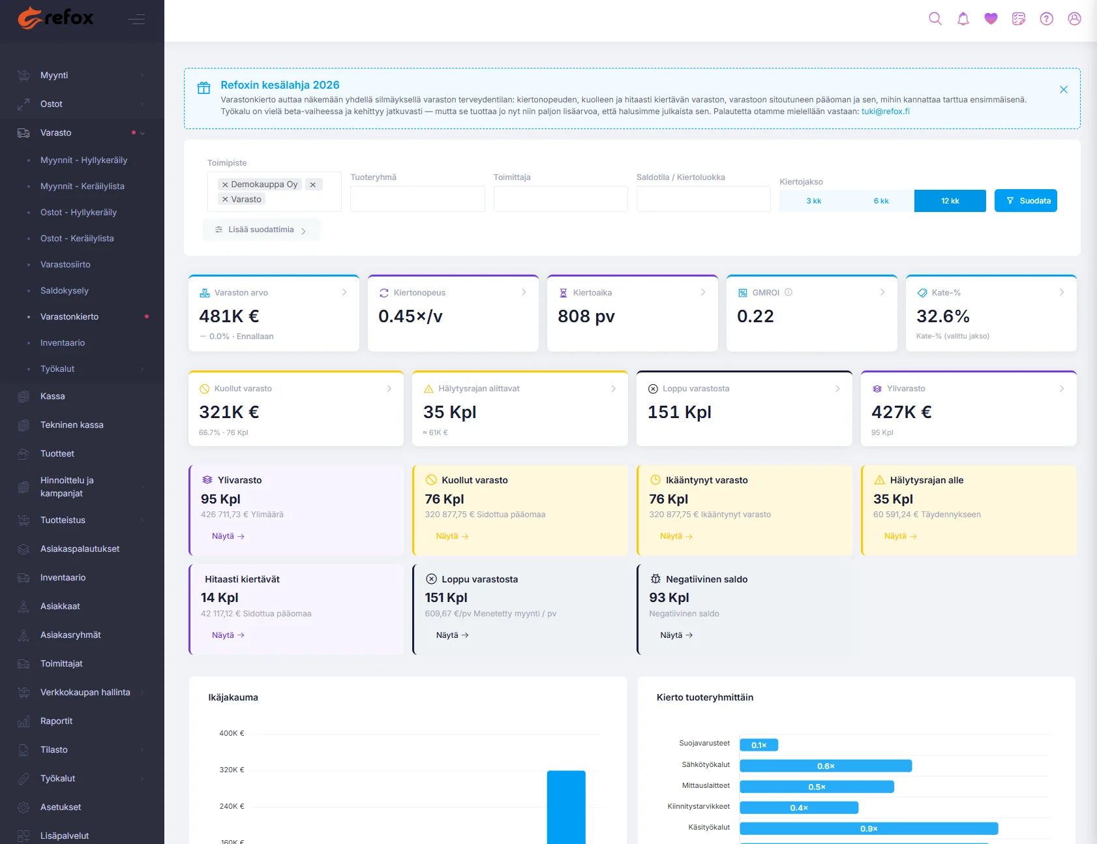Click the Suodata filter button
(x=1025, y=201)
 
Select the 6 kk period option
(x=880, y=201)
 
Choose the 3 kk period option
(x=813, y=201)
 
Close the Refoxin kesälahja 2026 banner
(x=1063, y=89)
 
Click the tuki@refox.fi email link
(x=885, y=112)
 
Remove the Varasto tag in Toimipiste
(x=225, y=200)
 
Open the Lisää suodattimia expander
(x=261, y=230)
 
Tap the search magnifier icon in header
(x=935, y=19)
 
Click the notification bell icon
(x=963, y=19)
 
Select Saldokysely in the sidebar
(x=65, y=291)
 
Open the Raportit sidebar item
(x=56, y=721)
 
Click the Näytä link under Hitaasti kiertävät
(x=228, y=635)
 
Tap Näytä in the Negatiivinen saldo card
(x=676, y=635)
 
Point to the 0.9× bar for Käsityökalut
(x=869, y=828)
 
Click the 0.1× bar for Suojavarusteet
(x=759, y=745)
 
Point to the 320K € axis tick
(x=232, y=770)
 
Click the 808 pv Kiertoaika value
(x=586, y=316)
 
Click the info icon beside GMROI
(x=789, y=292)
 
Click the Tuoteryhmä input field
(x=417, y=199)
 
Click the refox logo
(x=55, y=18)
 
